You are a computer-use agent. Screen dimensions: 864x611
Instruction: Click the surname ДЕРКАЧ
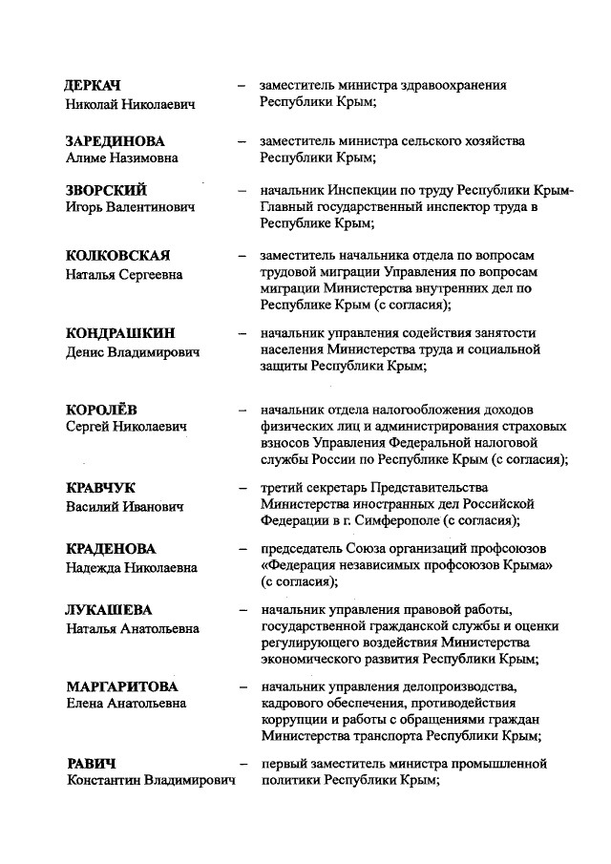(94, 86)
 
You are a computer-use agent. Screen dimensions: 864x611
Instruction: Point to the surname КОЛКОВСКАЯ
(118, 256)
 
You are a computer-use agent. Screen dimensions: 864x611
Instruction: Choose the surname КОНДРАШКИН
(121, 333)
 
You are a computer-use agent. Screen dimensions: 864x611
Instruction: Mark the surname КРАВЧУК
(101, 488)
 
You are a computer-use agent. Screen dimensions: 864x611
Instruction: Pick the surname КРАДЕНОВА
(111, 549)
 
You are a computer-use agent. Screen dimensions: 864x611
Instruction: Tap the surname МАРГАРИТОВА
(123, 686)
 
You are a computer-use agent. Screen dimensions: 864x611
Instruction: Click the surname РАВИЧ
(91, 764)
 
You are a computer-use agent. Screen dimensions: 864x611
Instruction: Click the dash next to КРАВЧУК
(242, 488)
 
